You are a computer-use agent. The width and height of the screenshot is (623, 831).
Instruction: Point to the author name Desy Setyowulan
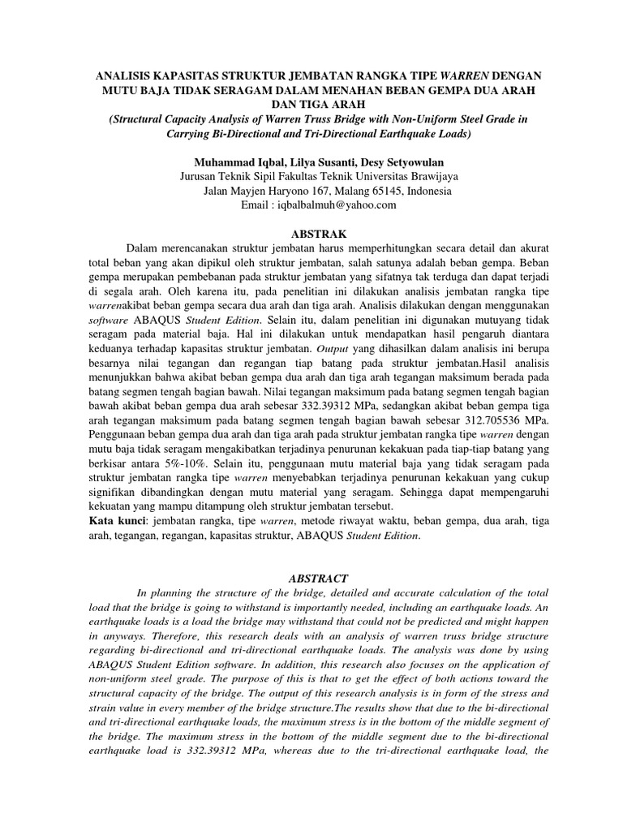(x=397, y=161)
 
